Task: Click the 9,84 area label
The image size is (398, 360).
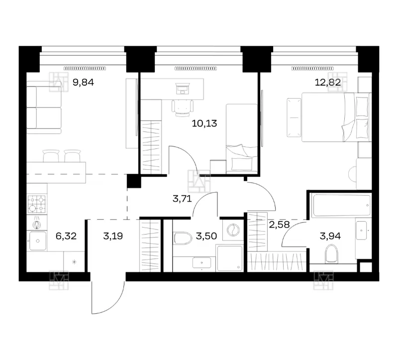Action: click(83, 82)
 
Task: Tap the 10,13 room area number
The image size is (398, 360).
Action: click(204, 123)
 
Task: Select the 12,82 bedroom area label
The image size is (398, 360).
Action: click(328, 82)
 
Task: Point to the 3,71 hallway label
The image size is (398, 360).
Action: click(182, 198)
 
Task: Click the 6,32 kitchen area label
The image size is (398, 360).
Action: click(66, 236)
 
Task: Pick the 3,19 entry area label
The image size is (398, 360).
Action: click(113, 236)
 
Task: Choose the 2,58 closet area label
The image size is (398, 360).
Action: click(279, 225)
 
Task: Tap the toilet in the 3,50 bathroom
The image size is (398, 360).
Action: click(182, 238)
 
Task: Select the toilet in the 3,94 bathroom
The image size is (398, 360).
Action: click(332, 253)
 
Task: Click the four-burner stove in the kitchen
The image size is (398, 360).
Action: click(37, 204)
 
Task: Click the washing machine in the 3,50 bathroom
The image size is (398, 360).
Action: click(233, 230)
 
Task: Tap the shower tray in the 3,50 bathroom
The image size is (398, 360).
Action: click(230, 258)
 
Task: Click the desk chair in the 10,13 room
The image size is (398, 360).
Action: click(183, 108)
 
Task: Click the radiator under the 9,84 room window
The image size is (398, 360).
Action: click(85, 68)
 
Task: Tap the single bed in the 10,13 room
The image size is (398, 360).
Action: click(241, 139)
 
